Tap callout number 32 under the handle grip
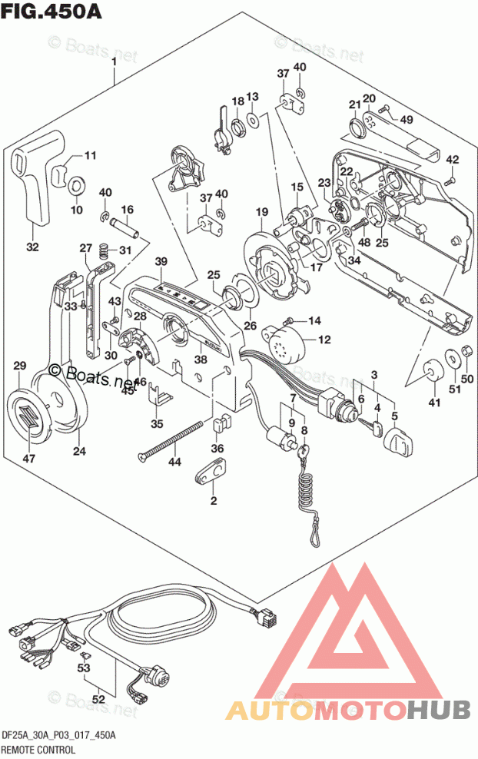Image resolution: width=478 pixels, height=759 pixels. pos(32,247)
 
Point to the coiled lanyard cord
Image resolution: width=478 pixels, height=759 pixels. pos(307,496)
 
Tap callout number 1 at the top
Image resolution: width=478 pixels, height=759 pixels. pos(114,61)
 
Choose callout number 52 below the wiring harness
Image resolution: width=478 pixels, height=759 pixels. pos(98,698)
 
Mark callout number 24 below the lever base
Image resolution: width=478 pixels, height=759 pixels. pos(79,451)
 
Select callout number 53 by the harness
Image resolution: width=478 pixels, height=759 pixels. pos(82,668)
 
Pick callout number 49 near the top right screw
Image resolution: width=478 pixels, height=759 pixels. pos(407,119)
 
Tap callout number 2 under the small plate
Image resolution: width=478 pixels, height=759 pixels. pos(213,501)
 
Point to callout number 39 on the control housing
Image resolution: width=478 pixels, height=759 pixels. pos(160,263)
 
